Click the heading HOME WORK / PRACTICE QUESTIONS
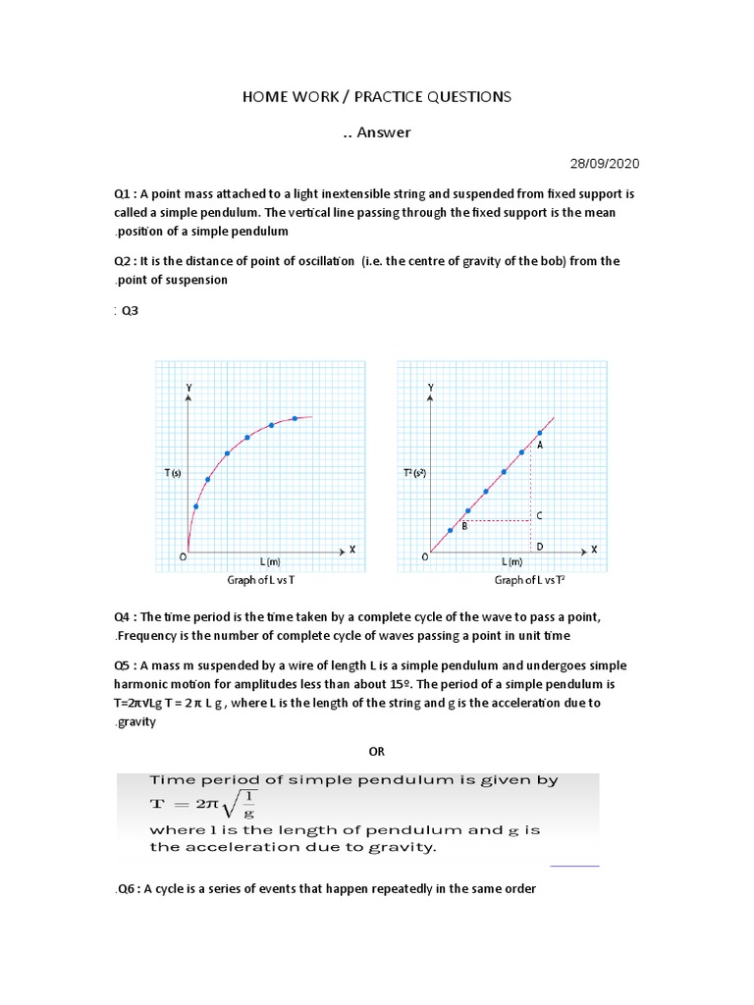coord(377,96)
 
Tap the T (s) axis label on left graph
coord(172,473)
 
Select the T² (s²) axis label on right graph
coord(415,473)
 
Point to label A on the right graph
coord(539,445)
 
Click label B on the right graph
coord(463,526)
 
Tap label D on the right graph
coord(539,546)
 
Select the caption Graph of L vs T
coord(268,581)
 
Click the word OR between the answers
coord(377,751)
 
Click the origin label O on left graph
coord(182,556)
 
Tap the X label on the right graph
coord(593,549)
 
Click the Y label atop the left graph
coord(188,389)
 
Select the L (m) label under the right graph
coord(512,562)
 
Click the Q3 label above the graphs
coord(129,310)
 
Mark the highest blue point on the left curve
coord(295,418)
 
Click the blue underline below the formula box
coord(574,867)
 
